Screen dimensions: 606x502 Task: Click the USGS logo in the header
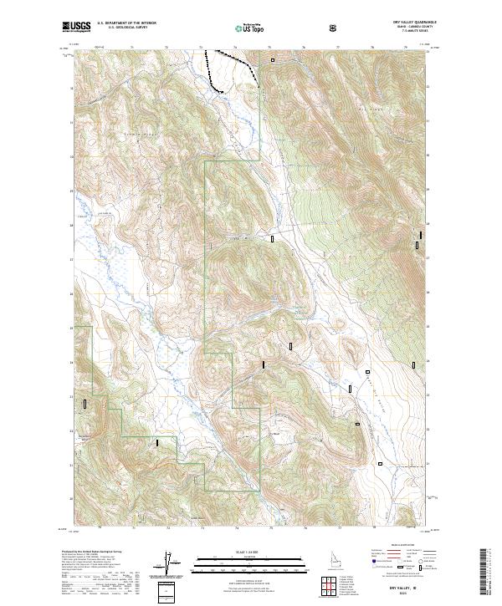77,27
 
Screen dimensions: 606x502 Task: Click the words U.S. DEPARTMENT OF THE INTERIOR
126,23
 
